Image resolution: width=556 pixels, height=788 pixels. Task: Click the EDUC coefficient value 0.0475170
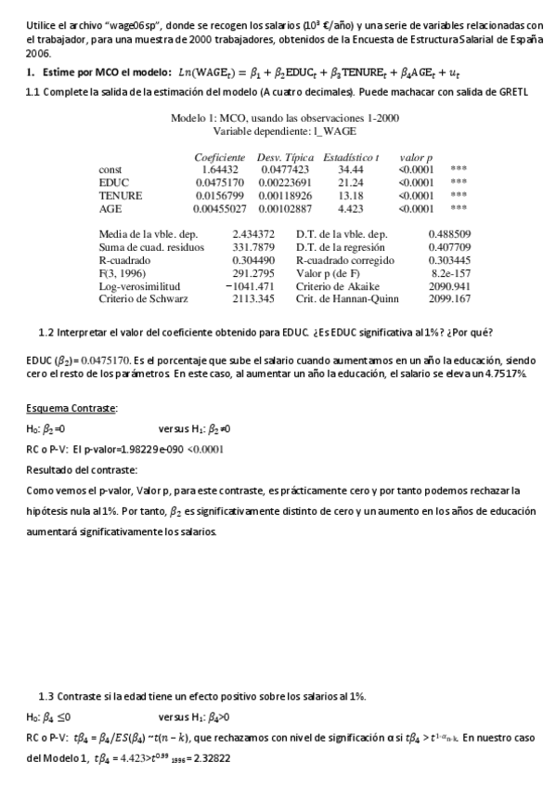pos(220,183)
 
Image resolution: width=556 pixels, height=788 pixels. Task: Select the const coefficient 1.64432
pos(220,170)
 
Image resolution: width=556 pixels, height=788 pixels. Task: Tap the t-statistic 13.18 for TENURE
pos(350,196)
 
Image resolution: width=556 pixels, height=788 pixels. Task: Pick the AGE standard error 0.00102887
pos(285,209)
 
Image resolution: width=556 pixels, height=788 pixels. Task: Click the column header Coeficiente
pos(220,157)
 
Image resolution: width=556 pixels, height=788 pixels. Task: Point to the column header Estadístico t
pos(350,157)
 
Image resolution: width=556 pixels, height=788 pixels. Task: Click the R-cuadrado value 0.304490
pos(253,261)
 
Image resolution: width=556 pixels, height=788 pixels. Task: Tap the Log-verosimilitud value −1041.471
pos(250,287)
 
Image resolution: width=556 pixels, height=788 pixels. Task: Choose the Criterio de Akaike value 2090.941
pos(450,287)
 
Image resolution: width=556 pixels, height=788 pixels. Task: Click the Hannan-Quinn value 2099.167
pos(450,300)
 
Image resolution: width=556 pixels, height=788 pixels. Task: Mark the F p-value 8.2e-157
pos(450,274)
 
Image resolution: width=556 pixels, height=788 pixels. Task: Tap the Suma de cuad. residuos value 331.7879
pos(253,248)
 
